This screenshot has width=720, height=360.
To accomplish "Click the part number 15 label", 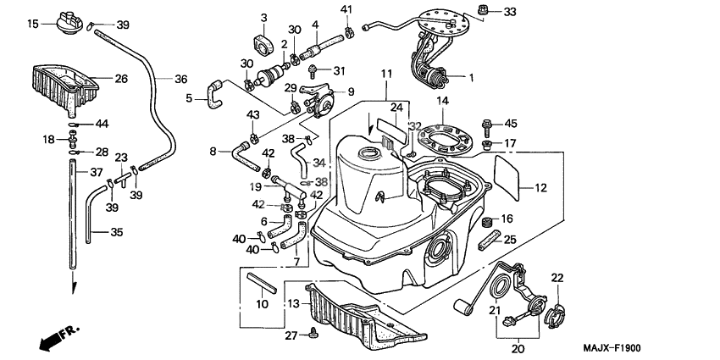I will [32, 24].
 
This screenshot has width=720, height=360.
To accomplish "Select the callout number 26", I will [121, 79].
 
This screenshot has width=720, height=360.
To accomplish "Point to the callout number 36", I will [180, 79].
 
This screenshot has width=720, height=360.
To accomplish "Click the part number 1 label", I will [471, 77].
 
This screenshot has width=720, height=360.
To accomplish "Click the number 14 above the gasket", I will [442, 101].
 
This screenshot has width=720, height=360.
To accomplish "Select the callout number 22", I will [557, 278].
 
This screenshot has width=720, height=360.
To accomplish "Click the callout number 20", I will [519, 346].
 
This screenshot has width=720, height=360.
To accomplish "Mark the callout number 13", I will [292, 303].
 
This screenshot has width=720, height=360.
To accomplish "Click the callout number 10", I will [262, 303].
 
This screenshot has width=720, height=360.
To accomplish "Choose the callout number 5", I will [190, 97].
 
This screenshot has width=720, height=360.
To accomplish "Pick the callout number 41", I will [346, 9].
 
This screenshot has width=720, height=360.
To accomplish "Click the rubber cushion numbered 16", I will [487, 222].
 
